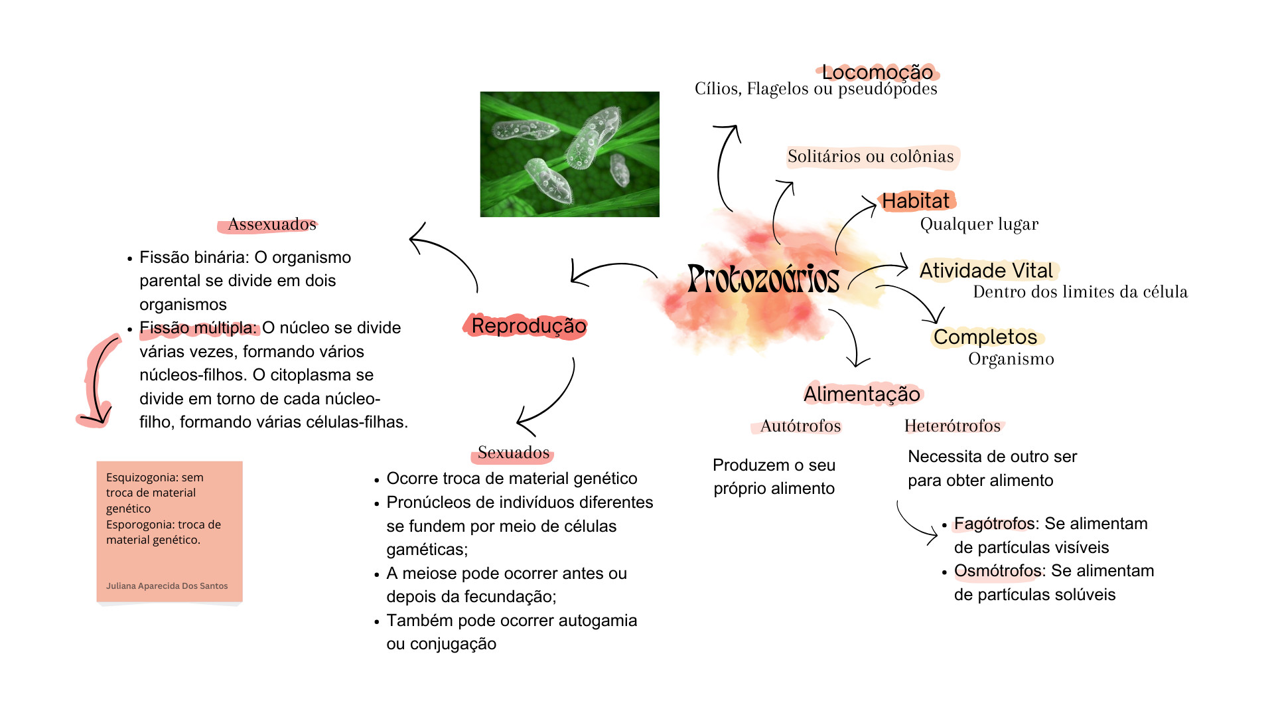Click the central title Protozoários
coord(763,279)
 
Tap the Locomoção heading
coord(877,72)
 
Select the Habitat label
coord(915,200)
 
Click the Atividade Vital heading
coord(986,270)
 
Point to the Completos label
coord(985,337)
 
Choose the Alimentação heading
coord(862,394)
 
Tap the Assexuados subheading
coord(272,224)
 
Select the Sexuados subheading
coord(514,453)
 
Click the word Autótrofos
coord(801,426)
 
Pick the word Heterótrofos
coord(952,426)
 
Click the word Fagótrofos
coord(994,524)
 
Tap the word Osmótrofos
coord(997,571)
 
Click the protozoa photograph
coord(570,154)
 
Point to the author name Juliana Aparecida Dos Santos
coord(167,586)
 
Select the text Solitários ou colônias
coord(871,157)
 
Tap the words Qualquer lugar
coord(979,224)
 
